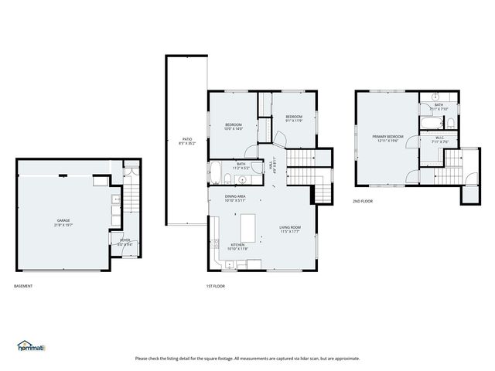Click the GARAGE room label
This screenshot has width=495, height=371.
click(62, 220)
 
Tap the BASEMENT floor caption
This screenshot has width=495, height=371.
click(23, 287)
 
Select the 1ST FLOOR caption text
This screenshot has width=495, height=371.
click(215, 287)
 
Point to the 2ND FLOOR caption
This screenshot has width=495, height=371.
click(363, 201)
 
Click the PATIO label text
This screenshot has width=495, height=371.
click(186, 139)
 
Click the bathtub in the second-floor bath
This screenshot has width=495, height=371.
click(430, 123)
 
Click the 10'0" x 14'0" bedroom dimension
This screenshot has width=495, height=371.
click(234, 129)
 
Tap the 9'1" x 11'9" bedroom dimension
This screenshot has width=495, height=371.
click(295, 120)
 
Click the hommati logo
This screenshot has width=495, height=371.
click(31, 346)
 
